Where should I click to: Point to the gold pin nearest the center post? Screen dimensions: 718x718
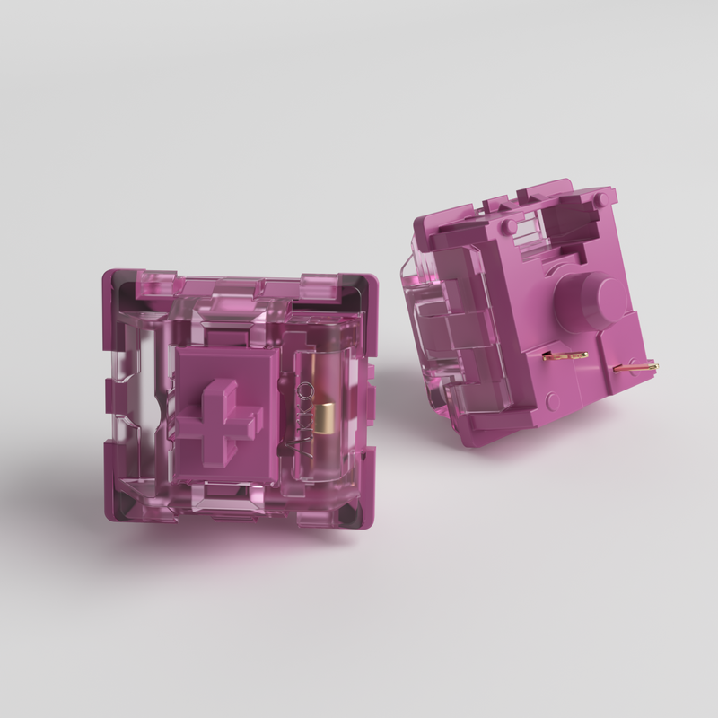point(566,355)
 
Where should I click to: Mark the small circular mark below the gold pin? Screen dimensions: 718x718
point(555,401)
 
